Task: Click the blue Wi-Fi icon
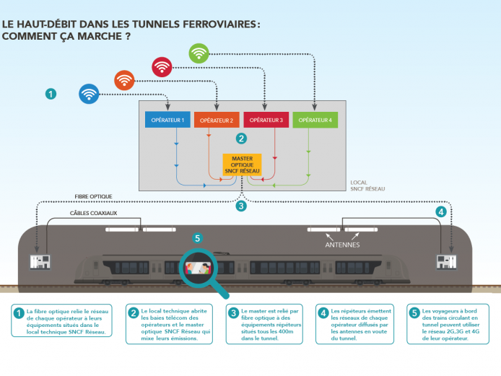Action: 89,93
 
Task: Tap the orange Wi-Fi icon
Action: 125,80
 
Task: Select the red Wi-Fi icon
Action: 162,66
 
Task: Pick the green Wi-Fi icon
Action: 199,53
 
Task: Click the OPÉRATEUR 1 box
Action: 165,120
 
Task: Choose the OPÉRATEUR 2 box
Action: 216,120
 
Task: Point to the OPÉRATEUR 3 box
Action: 266,120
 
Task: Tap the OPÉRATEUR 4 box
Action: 315,120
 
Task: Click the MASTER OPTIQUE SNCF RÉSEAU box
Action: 242,164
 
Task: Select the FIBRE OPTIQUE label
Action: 93,196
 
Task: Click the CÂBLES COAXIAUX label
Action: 93,213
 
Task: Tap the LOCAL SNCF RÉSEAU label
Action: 367,185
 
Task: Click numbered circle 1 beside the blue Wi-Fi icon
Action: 51,93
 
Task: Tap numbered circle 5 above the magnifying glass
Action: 198,237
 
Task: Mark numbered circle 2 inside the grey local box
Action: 241,137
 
